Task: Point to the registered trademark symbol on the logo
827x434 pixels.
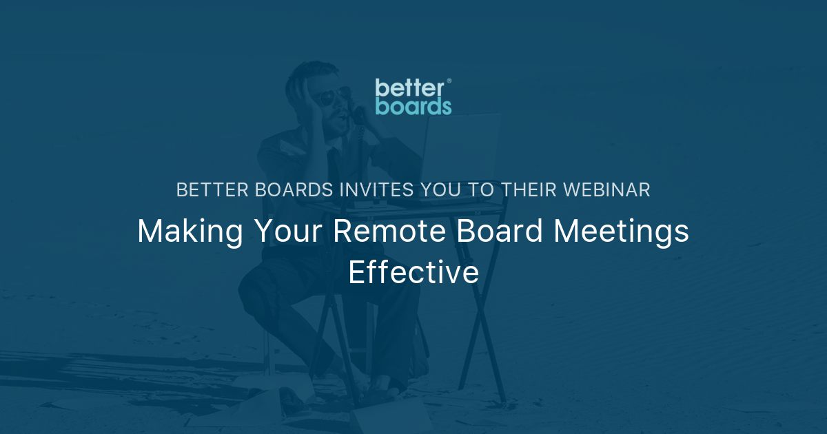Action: [449, 81]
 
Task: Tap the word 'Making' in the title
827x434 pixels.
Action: [190, 232]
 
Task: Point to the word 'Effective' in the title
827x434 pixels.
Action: [413, 272]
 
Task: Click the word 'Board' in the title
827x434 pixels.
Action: [498, 232]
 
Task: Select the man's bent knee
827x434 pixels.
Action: [258, 289]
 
